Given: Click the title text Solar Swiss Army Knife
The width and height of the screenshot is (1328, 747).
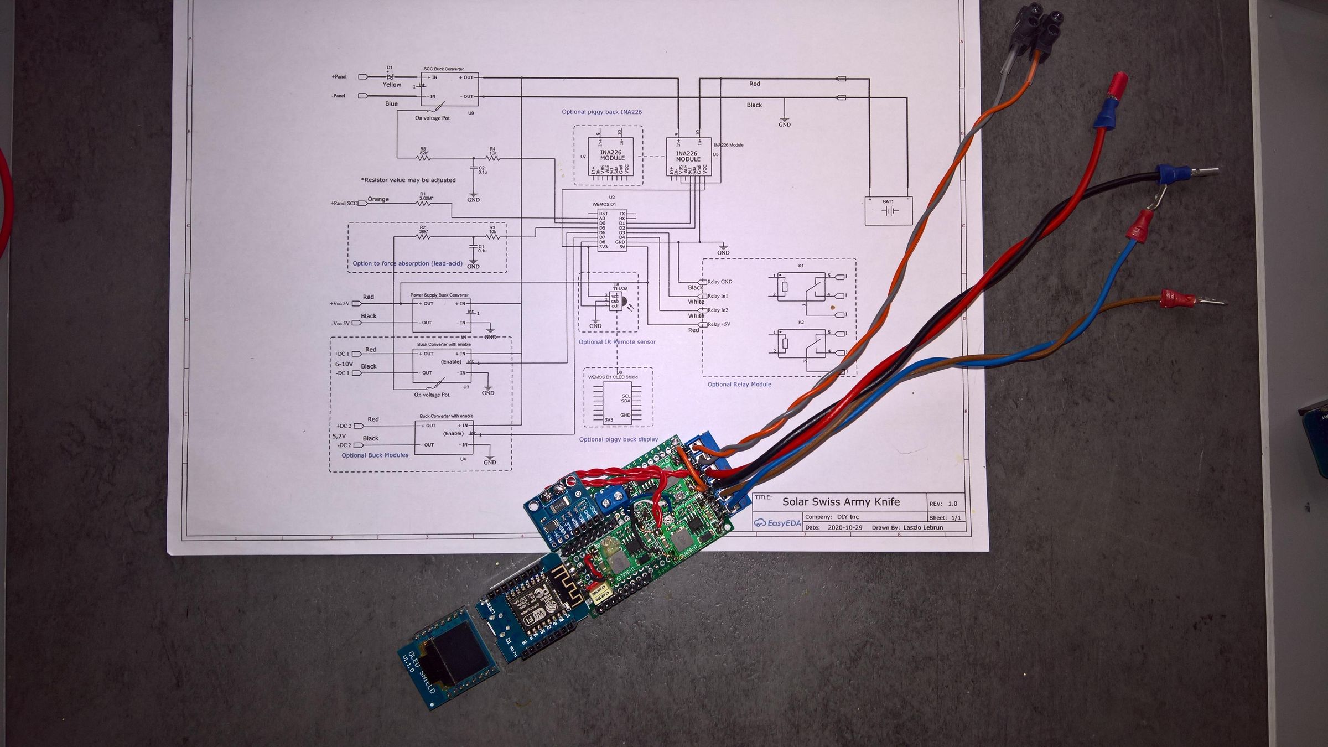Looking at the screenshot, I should (841, 502).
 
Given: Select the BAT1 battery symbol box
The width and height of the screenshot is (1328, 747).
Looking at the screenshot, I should (888, 211).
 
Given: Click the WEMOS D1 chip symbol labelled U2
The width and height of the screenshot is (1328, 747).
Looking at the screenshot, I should (611, 230).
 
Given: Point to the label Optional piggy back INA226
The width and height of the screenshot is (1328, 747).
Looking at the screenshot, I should (601, 112).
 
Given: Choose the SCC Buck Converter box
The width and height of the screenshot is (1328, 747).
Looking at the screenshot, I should (449, 89).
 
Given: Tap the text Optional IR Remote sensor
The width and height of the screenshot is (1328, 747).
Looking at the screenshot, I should (617, 342).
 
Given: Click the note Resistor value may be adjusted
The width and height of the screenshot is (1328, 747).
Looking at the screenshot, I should (408, 180).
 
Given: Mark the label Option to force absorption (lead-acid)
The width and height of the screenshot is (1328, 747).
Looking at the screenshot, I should (407, 263).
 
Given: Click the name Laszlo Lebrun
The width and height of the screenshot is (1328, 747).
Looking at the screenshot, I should (922, 527).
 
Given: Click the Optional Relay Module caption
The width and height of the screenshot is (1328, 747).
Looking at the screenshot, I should (739, 385).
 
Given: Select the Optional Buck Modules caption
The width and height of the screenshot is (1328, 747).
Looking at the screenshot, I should (375, 455).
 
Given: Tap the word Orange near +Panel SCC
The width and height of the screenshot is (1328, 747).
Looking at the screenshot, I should (378, 199).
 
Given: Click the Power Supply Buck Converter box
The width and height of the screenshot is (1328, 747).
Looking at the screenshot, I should (441, 313).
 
